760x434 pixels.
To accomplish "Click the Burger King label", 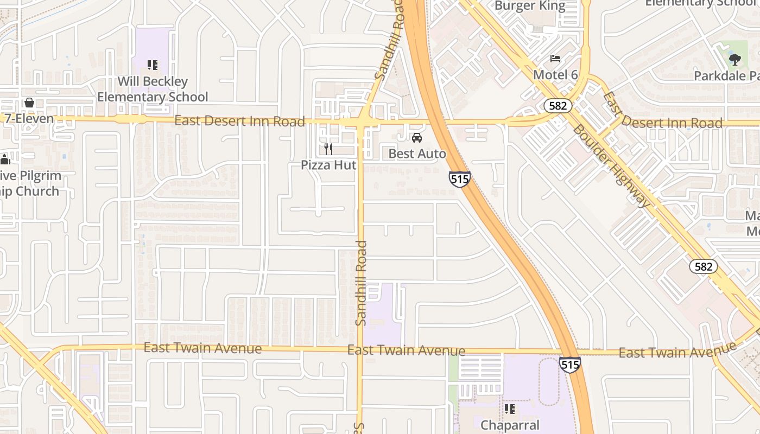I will [530, 7].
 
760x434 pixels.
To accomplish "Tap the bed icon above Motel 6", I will [555, 59].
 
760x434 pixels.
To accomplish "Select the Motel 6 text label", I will [555, 74].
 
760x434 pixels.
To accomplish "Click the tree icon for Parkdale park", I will [735, 59].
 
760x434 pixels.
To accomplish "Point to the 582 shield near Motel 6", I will [558, 105].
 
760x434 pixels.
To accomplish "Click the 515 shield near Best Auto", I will [459, 179].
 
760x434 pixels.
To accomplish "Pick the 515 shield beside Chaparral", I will [569, 365].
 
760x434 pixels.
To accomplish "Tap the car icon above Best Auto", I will [417, 138].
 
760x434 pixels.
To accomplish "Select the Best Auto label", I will [417, 154].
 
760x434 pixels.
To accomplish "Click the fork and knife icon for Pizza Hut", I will [328, 149].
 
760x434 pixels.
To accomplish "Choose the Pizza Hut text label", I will [328, 164].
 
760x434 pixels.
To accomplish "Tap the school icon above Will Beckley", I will [153, 66].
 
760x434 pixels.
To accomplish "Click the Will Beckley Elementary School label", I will [153, 90].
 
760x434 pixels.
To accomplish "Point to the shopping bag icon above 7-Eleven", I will [29, 103].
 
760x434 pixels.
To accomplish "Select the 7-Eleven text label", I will [29, 118].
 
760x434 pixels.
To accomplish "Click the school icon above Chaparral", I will [509, 409].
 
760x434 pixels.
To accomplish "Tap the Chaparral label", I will [509, 425].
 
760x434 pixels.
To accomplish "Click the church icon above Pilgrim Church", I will [5, 159].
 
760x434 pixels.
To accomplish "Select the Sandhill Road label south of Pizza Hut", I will [361, 283].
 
